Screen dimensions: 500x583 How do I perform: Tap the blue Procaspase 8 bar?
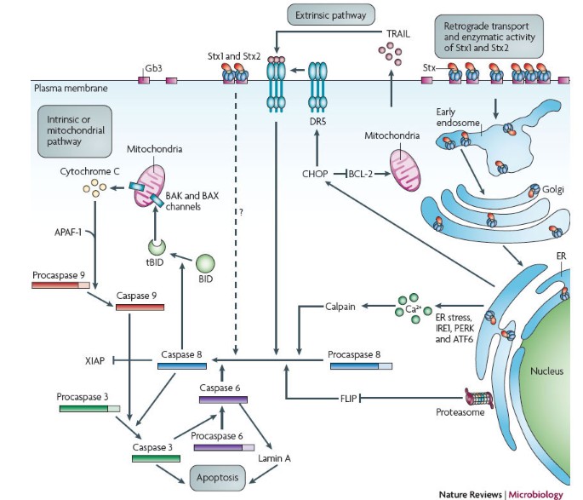pyautogui.click(x=361, y=365)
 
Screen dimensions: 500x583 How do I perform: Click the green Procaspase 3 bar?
pyautogui.click(x=90, y=407)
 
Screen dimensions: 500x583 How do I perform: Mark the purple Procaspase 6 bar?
pyautogui.click(x=224, y=444)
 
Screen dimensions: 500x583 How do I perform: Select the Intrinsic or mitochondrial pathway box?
pyautogui.click(x=70, y=128)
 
